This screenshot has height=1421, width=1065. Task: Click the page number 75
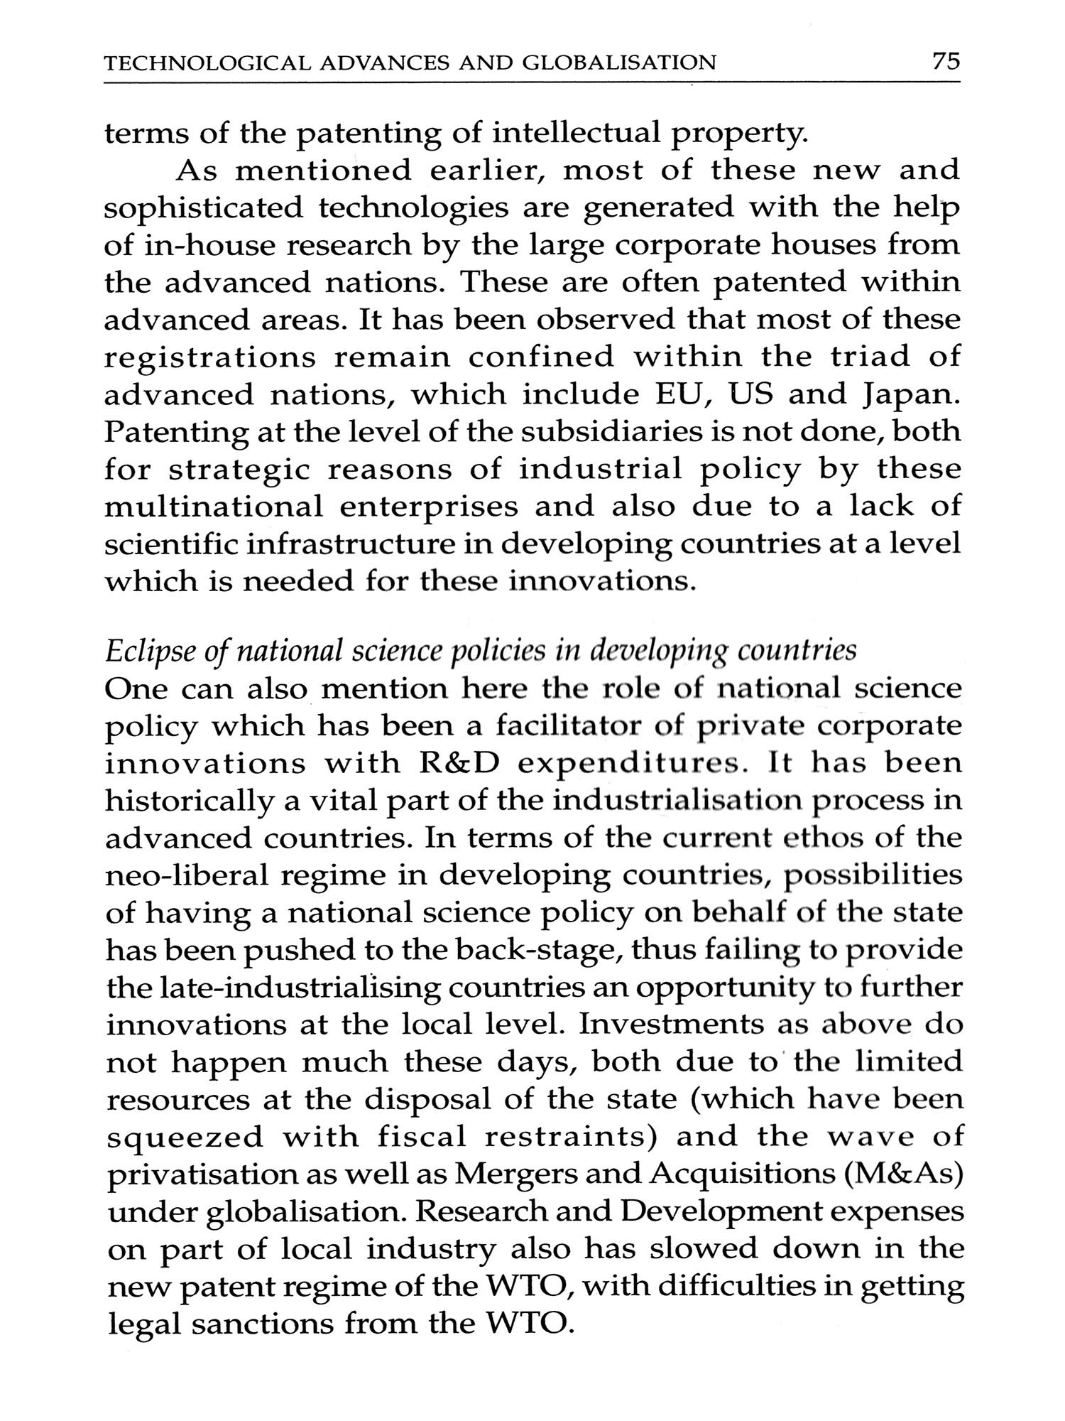click(x=946, y=62)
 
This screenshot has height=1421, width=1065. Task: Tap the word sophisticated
click(x=203, y=208)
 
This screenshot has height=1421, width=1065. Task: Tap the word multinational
click(x=213, y=507)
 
